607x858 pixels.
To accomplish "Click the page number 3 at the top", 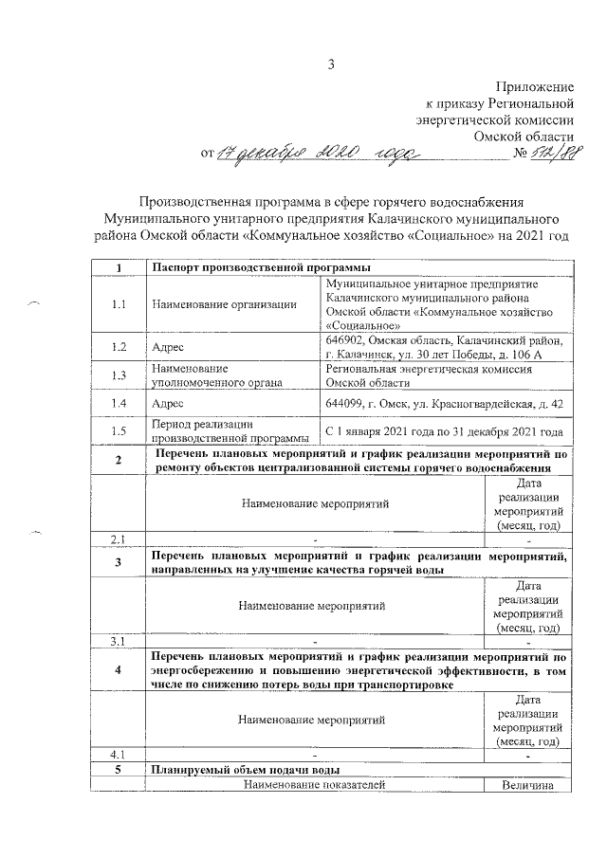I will [332, 65].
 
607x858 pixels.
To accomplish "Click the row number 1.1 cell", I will [119, 304].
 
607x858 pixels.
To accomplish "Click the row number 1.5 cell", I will [119, 432].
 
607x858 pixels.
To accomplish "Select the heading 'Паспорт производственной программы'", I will [260, 268].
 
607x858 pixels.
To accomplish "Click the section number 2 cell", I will [119, 461].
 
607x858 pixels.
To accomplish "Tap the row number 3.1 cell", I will [119, 641].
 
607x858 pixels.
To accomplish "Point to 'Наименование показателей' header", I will [313, 785].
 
